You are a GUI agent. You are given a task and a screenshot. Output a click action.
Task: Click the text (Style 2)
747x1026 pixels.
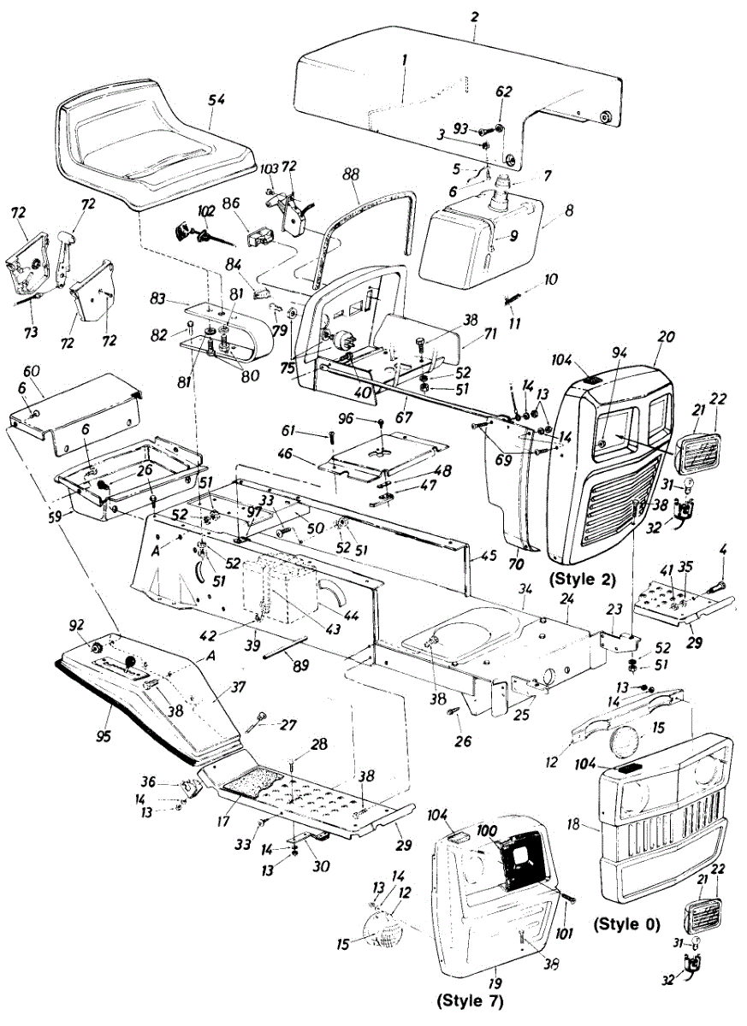(x=585, y=579)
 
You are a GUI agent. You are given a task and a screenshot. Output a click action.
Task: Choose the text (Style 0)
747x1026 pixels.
(x=625, y=923)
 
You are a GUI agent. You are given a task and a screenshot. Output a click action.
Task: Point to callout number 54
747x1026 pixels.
(x=217, y=100)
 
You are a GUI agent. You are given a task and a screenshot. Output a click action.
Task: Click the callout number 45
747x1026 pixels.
(x=489, y=556)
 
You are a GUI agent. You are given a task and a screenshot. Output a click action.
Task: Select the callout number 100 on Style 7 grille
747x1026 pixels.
(x=487, y=830)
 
